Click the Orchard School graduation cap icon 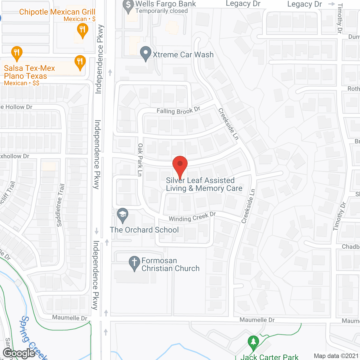[123, 215]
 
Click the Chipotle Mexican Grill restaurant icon [82, 30]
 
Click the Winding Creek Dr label [192, 217]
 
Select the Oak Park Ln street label [140, 160]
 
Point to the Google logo [19, 353]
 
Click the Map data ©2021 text [336, 356]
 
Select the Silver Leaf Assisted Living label [204, 184]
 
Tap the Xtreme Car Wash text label [183, 55]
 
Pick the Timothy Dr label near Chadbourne [339, 216]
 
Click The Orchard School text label [144, 230]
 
